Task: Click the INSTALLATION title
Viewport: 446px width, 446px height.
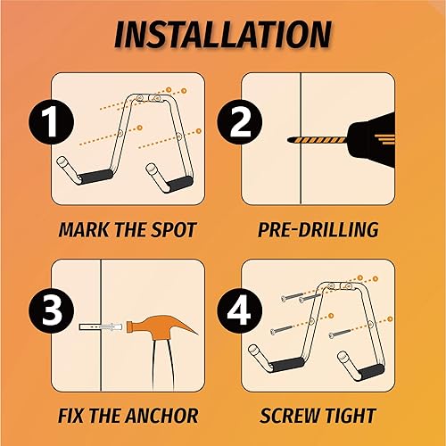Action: pyautogui.click(x=223, y=33)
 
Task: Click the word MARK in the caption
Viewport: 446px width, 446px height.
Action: pyautogui.click(x=82, y=230)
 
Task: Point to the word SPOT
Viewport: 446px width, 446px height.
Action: pyautogui.click(x=173, y=230)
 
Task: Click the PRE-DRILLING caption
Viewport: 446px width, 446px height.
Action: pyautogui.click(x=318, y=230)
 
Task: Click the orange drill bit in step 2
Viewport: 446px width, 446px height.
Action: pyautogui.click(x=312, y=141)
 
